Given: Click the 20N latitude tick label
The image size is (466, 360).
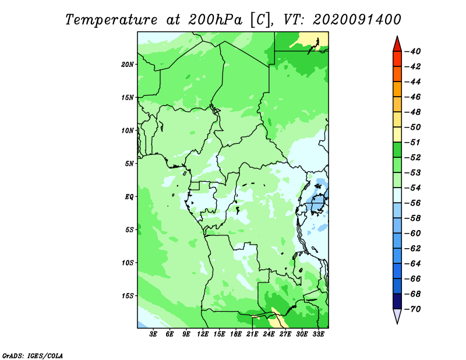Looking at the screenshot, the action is (x=128, y=65).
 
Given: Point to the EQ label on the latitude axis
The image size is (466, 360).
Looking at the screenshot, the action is (x=129, y=197).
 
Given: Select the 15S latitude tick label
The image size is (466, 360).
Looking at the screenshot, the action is (x=128, y=296).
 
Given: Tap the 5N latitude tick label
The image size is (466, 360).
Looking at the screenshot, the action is (x=129, y=164).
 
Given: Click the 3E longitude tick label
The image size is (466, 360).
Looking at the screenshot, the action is (x=153, y=334).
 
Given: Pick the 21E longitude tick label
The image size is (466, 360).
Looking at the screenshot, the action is (x=252, y=334).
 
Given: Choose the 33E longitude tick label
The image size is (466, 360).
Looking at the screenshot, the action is (x=318, y=334).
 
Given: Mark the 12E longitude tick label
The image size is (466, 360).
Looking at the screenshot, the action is (x=203, y=334).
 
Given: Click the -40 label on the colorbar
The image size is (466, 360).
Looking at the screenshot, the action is (x=413, y=51).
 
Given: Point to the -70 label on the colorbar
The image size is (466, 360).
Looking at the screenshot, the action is (x=413, y=309).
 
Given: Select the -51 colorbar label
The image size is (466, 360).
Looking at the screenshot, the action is (x=413, y=142).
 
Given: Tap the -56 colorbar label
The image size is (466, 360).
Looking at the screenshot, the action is (x=413, y=203).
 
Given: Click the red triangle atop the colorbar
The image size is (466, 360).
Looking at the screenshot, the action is (x=397, y=45).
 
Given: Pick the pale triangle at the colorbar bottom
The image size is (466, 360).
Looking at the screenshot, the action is (x=397, y=315).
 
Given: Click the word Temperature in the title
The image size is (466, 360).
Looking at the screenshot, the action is (x=111, y=20).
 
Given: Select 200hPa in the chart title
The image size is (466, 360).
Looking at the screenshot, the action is (x=215, y=20).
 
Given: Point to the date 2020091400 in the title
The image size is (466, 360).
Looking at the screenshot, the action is (x=357, y=20).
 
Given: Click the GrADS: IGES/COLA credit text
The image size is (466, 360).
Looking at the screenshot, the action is (x=33, y=355).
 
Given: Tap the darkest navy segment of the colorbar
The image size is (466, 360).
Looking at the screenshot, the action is (x=397, y=301).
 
